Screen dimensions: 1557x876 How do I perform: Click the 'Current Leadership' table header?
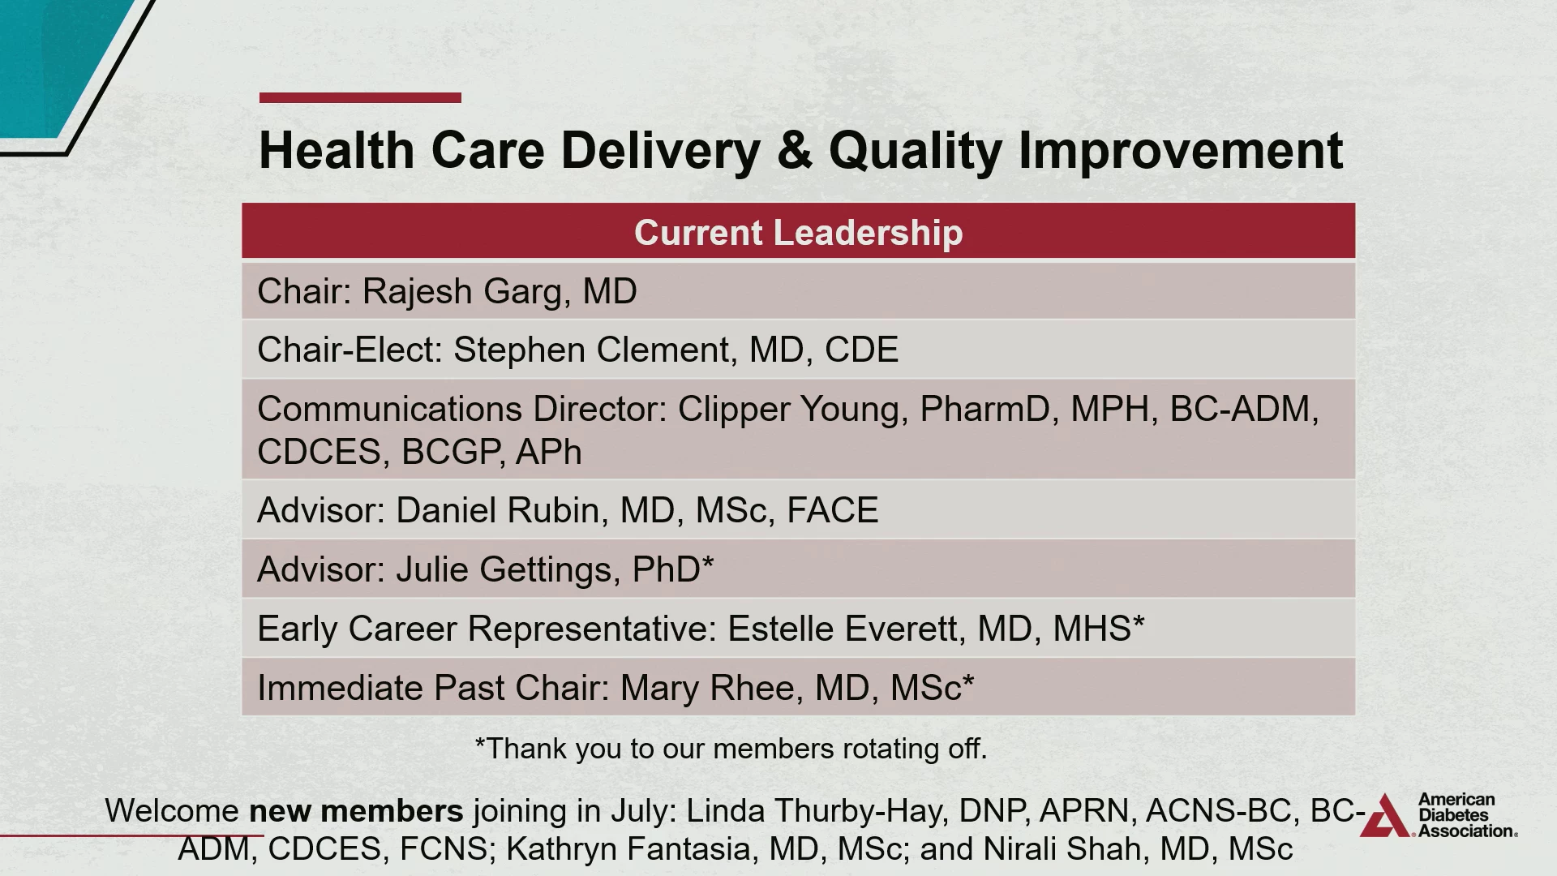tap(799, 233)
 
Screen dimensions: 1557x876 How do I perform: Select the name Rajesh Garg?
tap(462, 292)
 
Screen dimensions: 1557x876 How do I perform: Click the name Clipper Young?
tap(789, 410)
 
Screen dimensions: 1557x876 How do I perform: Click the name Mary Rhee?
tap(708, 688)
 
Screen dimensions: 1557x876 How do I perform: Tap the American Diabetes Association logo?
tap(1438, 814)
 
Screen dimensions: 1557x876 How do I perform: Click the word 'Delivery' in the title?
tap(660, 151)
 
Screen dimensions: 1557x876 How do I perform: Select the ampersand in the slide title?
tap(795, 150)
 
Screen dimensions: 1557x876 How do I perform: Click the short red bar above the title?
tap(360, 98)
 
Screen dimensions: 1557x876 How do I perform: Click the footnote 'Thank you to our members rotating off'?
tap(731, 748)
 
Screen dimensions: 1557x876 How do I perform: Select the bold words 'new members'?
tap(356, 811)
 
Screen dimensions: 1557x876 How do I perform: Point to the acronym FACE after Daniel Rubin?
tap(833, 510)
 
